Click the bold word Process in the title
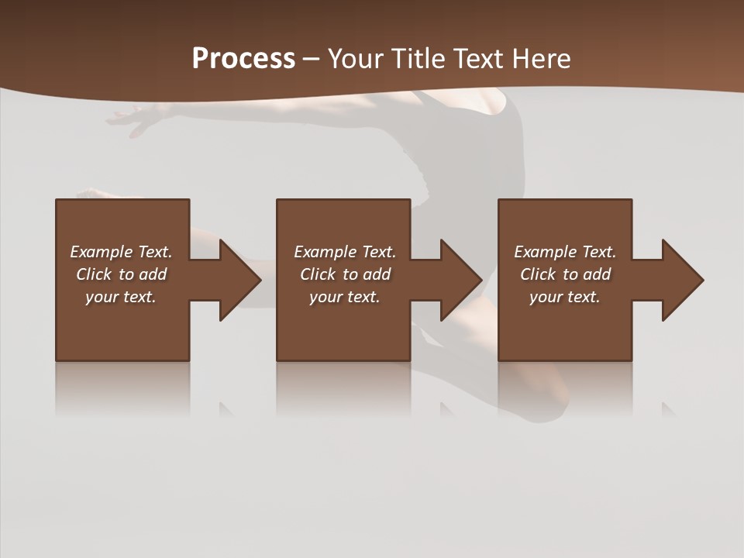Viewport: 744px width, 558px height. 243,59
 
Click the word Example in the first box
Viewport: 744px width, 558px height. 101,252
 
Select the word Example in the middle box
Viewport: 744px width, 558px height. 325,252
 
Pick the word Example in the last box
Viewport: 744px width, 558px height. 545,252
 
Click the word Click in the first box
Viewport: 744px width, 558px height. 94,274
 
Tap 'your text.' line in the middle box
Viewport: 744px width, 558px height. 344,297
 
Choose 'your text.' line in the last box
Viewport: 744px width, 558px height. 564,297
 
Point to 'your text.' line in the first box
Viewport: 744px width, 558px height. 120,297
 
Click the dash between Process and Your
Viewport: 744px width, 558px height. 312,59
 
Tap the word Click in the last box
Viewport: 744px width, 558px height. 538,274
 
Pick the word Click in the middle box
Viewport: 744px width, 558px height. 318,274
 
